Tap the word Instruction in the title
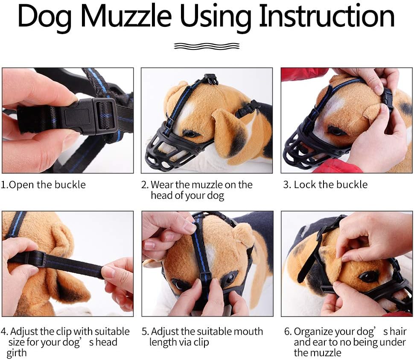327,17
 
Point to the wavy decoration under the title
207,46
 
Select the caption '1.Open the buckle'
43,185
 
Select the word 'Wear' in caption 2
162,185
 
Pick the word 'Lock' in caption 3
304,185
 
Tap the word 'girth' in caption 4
17,353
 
